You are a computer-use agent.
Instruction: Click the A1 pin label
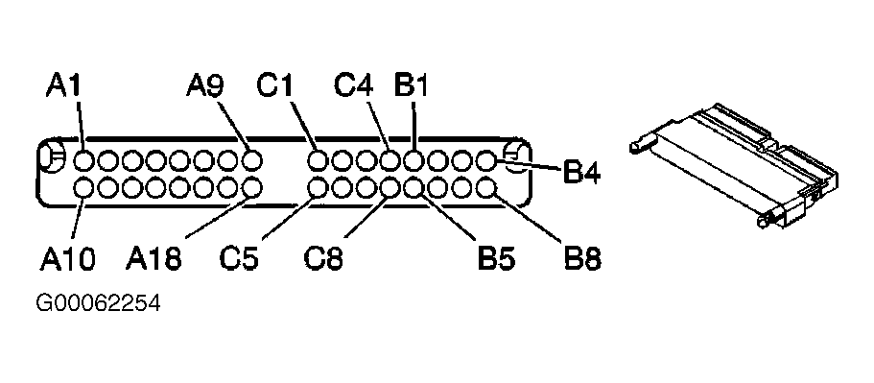pos(63,85)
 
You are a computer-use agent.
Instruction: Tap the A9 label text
pos(205,85)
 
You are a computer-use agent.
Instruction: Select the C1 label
pos(274,85)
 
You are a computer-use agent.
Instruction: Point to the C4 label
pos(353,85)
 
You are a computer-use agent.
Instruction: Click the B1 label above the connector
pos(411,85)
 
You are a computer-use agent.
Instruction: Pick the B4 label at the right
pos(581,173)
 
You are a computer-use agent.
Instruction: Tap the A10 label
pos(68,259)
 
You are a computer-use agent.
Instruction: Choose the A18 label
pos(154,259)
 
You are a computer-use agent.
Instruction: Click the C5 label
pos(239,259)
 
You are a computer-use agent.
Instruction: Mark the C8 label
pos(323,259)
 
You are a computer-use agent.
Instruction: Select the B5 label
pos(497,259)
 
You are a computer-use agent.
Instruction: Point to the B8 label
pos(582,259)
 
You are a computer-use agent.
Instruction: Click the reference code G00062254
pos(98,304)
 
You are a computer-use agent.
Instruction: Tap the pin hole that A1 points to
pos(84,161)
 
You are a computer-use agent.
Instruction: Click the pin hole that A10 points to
pos(84,187)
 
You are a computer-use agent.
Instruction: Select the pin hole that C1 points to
pos(318,161)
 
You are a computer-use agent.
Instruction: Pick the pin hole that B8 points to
pos(486,187)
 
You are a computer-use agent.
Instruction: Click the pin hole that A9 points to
pos(252,161)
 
